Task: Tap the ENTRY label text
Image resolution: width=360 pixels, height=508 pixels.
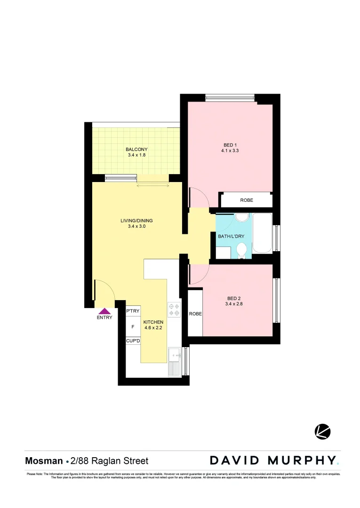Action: tap(104, 317)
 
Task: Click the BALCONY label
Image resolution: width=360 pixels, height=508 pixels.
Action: tap(136, 150)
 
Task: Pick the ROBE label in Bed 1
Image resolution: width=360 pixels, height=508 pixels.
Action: tap(246, 200)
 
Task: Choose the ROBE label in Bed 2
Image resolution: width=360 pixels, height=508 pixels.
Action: tap(195, 314)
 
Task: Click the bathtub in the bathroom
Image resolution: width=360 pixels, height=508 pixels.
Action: tap(262, 233)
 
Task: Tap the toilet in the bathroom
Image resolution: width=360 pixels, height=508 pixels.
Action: tap(242, 250)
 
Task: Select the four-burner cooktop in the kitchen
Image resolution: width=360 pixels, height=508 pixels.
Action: tap(174, 309)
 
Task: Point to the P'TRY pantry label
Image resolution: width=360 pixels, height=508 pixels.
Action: tap(133, 311)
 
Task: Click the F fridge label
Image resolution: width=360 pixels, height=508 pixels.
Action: tap(133, 326)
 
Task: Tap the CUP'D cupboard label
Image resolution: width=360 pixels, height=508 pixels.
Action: tap(133, 341)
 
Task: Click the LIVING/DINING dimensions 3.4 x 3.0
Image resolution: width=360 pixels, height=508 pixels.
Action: tap(136, 227)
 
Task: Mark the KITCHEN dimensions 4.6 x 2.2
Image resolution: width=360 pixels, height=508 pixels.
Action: tap(153, 328)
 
